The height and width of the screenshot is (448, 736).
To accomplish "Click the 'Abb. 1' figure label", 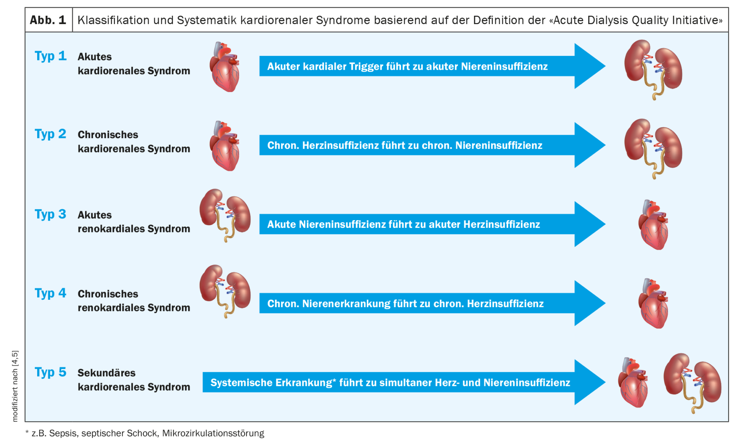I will pyautogui.click(x=48, y=20).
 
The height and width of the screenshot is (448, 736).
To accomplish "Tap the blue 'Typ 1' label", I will pyautogui.click(x=51, y=56).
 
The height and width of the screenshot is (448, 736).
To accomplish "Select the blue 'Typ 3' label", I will pyautogui.click(x=51, y=214).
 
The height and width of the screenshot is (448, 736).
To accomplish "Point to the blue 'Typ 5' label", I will pyautogui.click(x=51, y=372).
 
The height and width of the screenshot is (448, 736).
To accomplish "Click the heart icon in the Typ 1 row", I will pyautogui.click(x=225, y=67).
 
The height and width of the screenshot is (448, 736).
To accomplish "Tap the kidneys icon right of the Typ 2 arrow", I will pyautogui.click(x=653, y=148).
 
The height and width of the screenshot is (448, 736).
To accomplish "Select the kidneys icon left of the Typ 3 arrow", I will pyautogui.click(x=225, y=214).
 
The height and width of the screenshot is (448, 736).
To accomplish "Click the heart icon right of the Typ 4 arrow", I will pyautogui.click(x=654, y=303).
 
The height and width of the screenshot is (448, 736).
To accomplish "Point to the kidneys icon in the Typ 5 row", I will pyautogui.click(x=692, y=382).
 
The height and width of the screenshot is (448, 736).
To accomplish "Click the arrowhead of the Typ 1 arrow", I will pyautogui.click(x=588, y=66).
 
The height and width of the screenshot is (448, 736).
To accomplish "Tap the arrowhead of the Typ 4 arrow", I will pyautogui.click(x=588, y=303).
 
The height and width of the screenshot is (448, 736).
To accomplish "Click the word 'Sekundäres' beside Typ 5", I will pyautogui.click(x=107, y=373).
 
